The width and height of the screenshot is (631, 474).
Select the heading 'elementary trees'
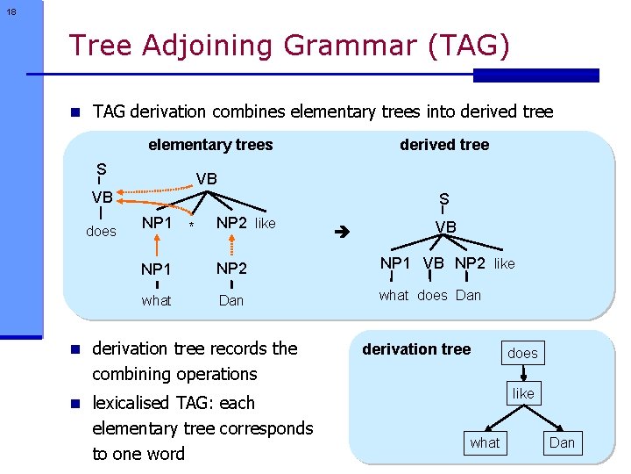(210, 145)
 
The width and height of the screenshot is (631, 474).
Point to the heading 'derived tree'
(444, 145)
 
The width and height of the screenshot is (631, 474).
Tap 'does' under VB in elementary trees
(102, 232)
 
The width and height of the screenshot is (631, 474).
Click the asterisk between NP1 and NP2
(191, 227)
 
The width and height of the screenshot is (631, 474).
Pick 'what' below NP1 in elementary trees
(156, 300)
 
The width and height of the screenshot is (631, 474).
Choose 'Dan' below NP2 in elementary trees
(230, 300)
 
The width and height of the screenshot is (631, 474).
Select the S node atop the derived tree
(444, 199)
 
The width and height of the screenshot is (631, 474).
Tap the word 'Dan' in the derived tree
(468, 295)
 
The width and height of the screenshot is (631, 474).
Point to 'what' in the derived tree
(393, 295)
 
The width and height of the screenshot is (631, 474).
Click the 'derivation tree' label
(416, 349)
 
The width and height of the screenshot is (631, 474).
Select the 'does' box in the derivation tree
(522, 353)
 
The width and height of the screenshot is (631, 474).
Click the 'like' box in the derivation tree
(523, 393)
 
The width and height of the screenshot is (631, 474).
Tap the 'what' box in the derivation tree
(485, 442)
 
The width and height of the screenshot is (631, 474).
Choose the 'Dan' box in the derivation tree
(562, 442)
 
